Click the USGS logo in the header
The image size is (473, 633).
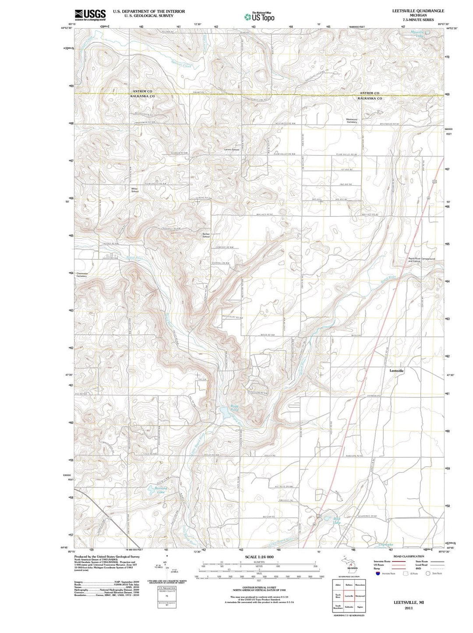click(90, 15)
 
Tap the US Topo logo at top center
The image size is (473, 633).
click(259, 17)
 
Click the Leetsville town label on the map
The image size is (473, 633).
click(397, 371)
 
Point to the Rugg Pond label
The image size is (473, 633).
click(235, 408)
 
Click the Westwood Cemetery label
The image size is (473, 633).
click(352, 120)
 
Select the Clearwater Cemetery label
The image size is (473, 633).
click(82, 275)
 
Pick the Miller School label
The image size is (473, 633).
click(135, 190)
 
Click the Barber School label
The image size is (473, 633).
click(206, 235)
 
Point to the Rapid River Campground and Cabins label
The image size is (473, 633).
click(422, 260)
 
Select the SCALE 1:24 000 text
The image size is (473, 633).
click(259, 556)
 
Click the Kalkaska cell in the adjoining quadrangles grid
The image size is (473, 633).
click(349, 607)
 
